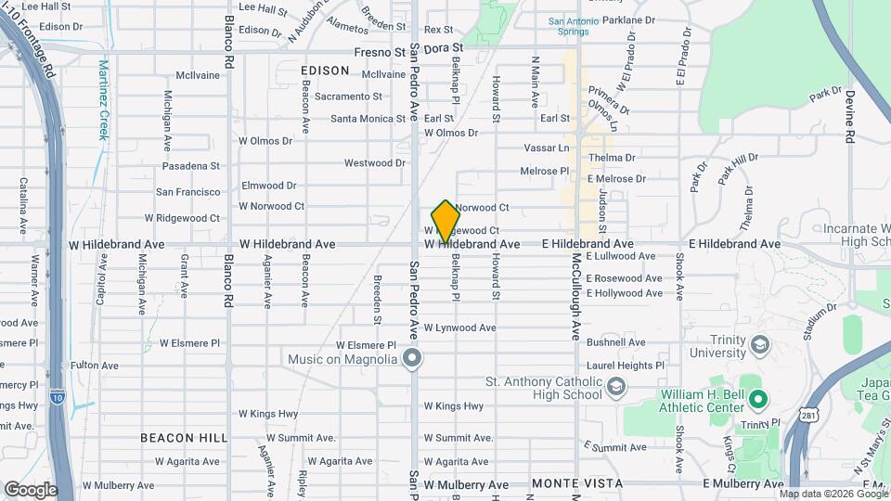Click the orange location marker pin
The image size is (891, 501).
tap(445, 221)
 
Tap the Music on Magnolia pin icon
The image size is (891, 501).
tap(414, 358)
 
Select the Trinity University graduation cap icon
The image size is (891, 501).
tap(761, 345)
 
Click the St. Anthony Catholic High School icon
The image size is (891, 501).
tap(615, 387)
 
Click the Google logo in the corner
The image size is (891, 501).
tap(31, 490)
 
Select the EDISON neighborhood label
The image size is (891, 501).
tap(325, 71)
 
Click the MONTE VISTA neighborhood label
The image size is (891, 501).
tap(569, 484)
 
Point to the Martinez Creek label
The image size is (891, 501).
tap(105, 100)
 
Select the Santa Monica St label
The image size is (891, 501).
tap(368, 119)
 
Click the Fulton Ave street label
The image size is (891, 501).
tap(95, 366)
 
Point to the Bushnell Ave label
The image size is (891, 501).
tap(615, 342)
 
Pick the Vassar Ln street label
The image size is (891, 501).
tap(546, 148)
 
